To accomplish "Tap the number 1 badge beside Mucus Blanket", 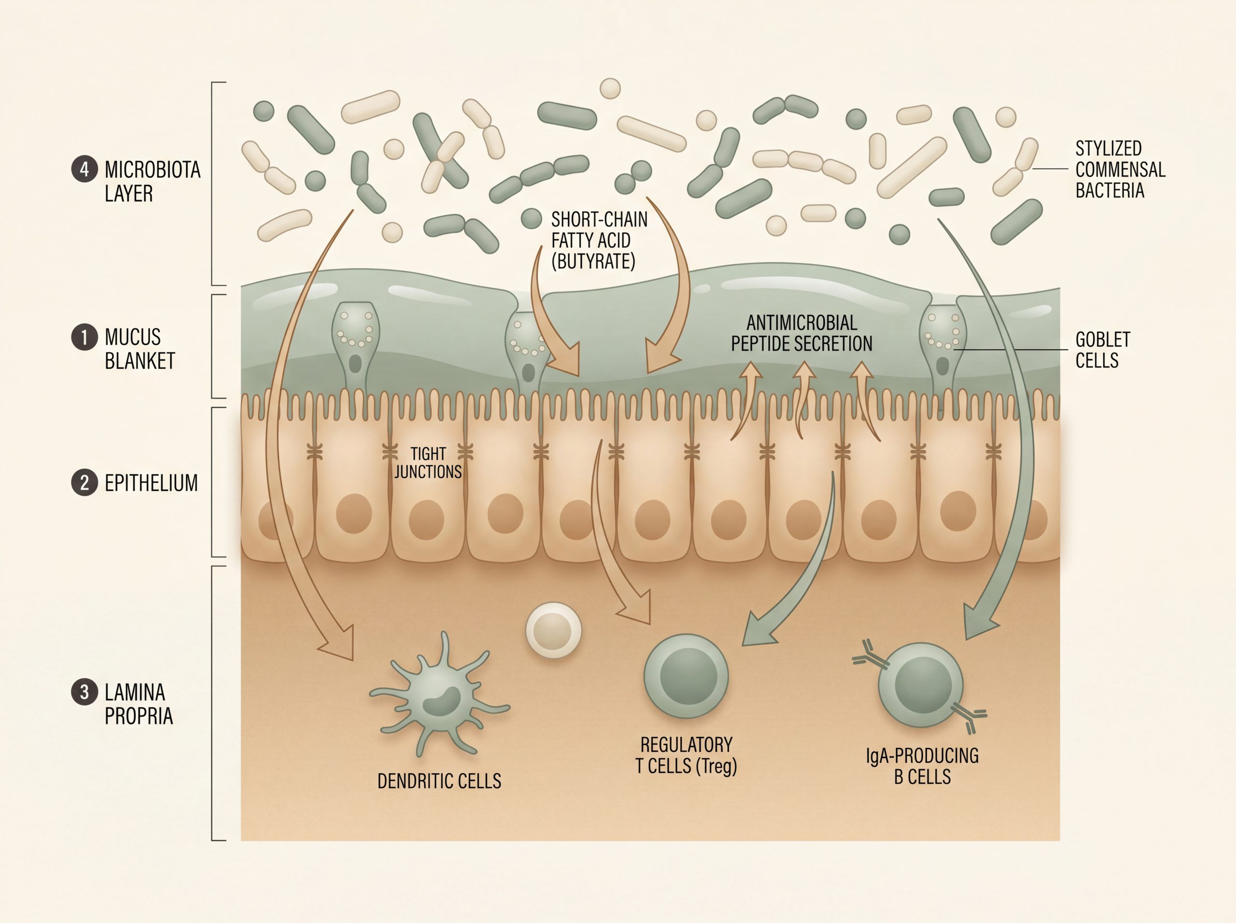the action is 84,338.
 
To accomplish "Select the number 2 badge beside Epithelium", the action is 84,483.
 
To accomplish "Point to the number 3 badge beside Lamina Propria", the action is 84,692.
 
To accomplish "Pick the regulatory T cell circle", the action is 687,676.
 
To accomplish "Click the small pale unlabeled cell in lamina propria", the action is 553,630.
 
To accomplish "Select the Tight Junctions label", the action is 428,463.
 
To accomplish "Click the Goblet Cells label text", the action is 1103,350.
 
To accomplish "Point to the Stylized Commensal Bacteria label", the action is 1121,170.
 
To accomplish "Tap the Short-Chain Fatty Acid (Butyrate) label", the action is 599,240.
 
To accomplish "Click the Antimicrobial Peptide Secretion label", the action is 801,333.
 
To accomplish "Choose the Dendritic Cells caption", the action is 439,781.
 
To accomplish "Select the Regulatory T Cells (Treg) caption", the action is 687,755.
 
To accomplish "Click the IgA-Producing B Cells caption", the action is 922,766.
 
